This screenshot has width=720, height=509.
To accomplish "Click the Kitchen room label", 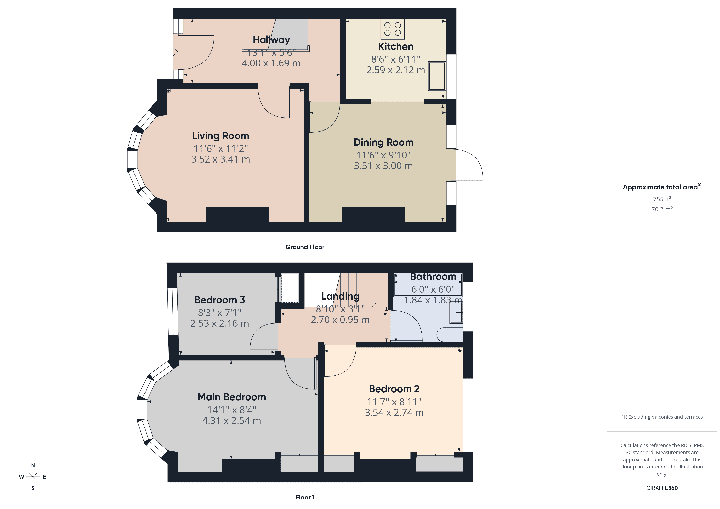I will click(x=396, y=46).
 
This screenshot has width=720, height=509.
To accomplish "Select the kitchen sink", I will click(x=437, y=76).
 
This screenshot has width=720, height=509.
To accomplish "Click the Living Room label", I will click(x=220, y=136).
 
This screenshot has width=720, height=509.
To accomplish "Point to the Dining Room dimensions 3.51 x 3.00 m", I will click(x=383, y=166).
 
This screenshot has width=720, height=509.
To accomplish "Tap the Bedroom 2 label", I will click(x=394, y=389).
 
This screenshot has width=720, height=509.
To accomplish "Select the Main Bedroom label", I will click(x=232, y=397).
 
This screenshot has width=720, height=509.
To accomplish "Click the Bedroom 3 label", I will click(x=220, y=300).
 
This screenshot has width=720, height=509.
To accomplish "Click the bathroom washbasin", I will click(x=456, y=313).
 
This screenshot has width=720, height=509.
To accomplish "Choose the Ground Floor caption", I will click(x=305, y=247).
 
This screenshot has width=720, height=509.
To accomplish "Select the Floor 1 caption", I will click(x=305, y=497).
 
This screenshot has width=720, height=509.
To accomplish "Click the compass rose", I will click(x=33, y=477).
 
